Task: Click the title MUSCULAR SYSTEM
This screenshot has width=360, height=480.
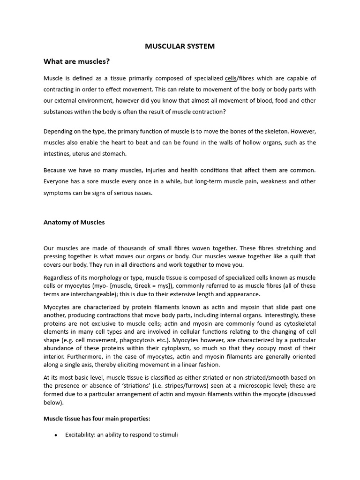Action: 180,46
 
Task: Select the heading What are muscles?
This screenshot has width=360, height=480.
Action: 76,61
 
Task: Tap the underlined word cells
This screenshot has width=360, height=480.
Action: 230,78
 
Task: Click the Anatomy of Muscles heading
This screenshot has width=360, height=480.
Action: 74,222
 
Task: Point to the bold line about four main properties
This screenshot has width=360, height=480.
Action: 97,418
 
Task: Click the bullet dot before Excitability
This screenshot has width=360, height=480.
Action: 56,435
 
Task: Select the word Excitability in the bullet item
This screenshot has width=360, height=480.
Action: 80,435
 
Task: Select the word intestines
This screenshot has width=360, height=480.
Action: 57,154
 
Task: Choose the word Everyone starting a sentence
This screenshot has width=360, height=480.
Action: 57,181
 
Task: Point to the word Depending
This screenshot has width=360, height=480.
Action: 59,131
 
